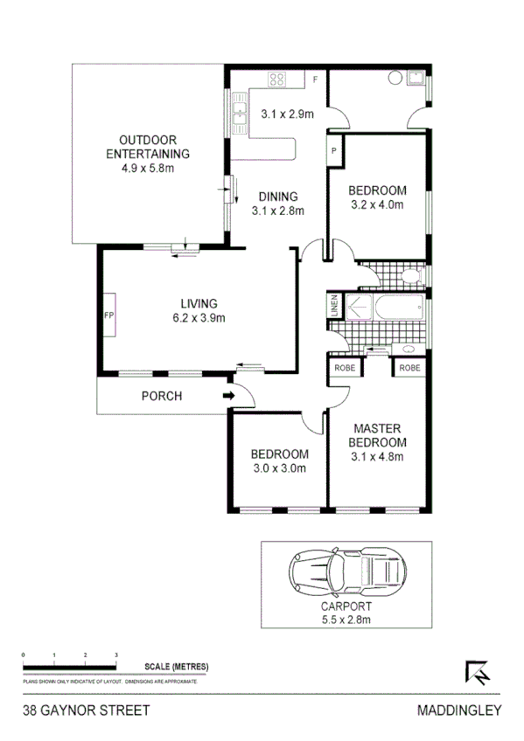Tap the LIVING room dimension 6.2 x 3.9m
199,318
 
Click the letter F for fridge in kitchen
316,80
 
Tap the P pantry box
334,150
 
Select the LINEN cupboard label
334,307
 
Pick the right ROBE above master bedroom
409,368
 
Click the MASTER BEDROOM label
377,435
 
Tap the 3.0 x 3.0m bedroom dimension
279,468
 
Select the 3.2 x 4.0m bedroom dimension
377,205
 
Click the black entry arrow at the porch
229,396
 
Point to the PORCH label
162,396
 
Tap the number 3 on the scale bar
116,654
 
